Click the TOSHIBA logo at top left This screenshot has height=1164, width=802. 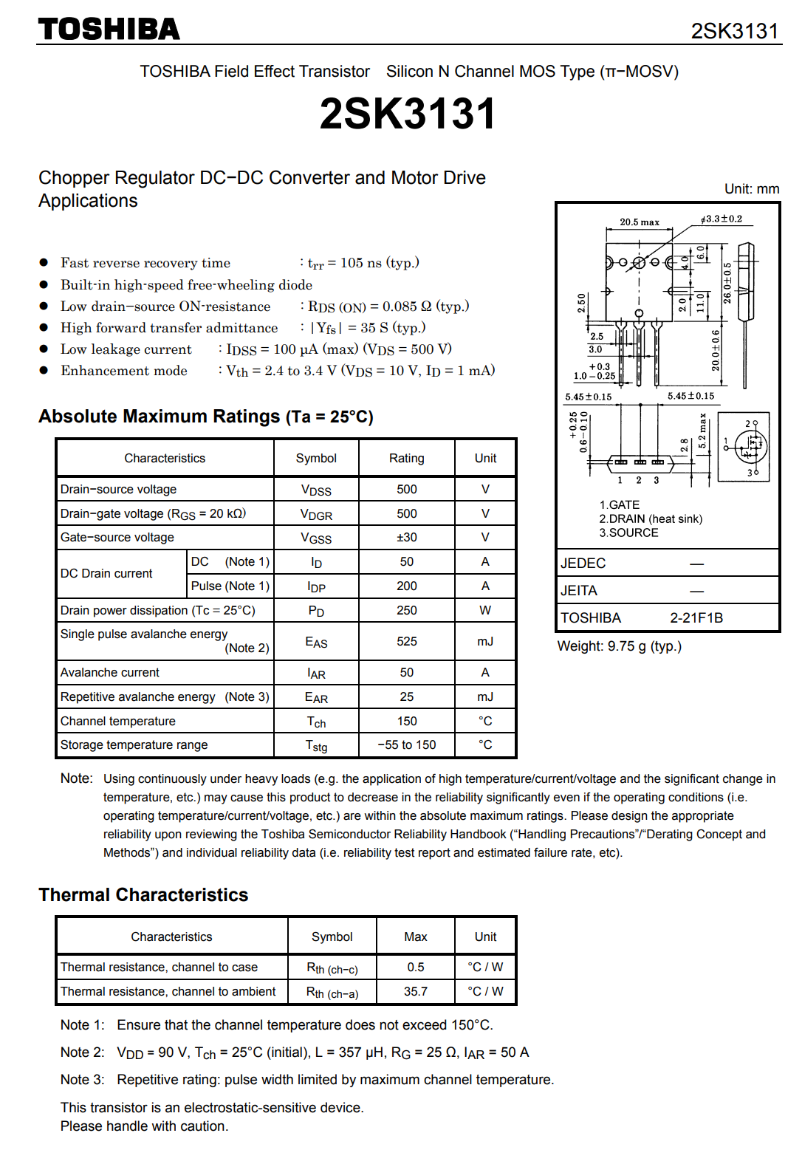tap(109, 30)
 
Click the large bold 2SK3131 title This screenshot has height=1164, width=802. tap(407, 114)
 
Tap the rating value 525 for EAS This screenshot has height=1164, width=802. tap(406, 641)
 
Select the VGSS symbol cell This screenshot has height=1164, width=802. tap(316, 538)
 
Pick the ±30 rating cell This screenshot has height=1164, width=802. tap(406, 538)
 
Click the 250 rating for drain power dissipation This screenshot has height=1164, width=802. tap(406, 610)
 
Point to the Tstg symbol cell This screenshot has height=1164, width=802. tap(316, 745)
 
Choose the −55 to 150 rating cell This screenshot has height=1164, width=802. tap(406, 745)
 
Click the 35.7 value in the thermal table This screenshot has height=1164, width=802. tap(415, 991)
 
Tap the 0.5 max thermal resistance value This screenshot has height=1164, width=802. tap(415, 967)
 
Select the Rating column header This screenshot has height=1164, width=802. tap(406, 458)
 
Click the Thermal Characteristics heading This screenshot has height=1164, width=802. tap(143, 895)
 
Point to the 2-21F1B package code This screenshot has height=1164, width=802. tap(696, 618)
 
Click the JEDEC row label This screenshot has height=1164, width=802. tap(583, 564)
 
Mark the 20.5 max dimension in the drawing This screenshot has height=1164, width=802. tap(640, 222)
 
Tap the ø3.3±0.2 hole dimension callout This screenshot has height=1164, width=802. tap(722, 219)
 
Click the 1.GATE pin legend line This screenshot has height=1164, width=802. tap(620, 505)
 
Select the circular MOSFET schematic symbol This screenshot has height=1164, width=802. tap(751, 446)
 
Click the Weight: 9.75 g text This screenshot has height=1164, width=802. tap(619, 646)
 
